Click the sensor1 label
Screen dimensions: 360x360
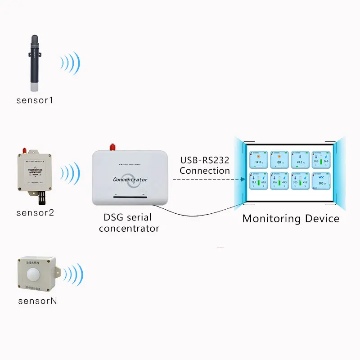[x=35, y=100]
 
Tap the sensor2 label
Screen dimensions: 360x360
[x=35, y=212]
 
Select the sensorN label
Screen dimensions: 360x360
[x=37, y=301]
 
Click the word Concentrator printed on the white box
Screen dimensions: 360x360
[x=130, y=180]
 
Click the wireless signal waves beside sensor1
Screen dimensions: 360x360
[x=71, y=63]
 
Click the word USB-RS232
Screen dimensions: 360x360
[x=205, y=161]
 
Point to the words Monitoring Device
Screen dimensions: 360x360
[x=291, y=219]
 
